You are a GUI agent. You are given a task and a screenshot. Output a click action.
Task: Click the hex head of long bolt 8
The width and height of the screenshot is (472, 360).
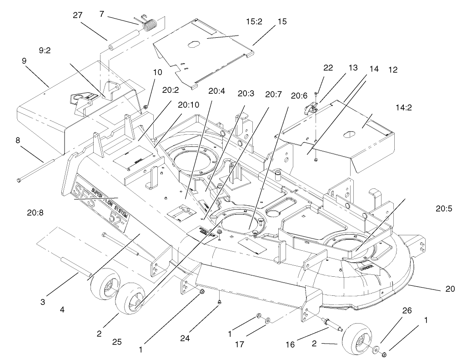point(19,179)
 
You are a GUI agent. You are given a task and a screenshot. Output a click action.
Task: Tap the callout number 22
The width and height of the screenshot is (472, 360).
point(327,68)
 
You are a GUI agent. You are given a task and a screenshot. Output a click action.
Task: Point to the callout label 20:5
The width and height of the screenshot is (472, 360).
point(444,209)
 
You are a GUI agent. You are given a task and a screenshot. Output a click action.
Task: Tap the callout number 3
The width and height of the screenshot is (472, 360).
point(42,301)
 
